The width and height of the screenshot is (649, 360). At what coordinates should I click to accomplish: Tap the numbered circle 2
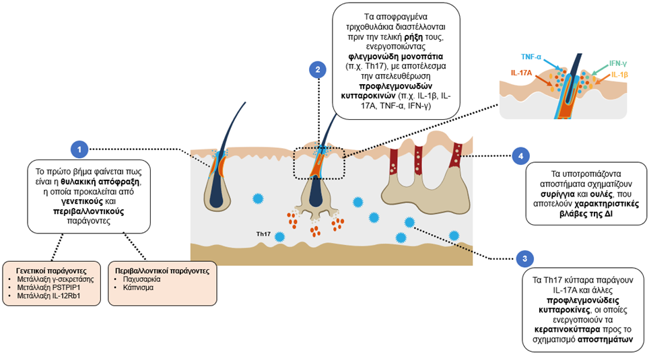pos(316,69)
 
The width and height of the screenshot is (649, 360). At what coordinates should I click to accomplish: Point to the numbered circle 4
pos(519,156)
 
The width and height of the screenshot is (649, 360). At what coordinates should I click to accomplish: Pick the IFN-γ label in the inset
pos(619,63)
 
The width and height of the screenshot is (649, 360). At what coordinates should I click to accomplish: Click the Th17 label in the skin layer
pos(263,234)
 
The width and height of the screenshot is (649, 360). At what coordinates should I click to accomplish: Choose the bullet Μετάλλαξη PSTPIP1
pos(49,287)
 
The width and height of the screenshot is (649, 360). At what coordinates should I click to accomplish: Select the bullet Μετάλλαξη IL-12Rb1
pos(51,296)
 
